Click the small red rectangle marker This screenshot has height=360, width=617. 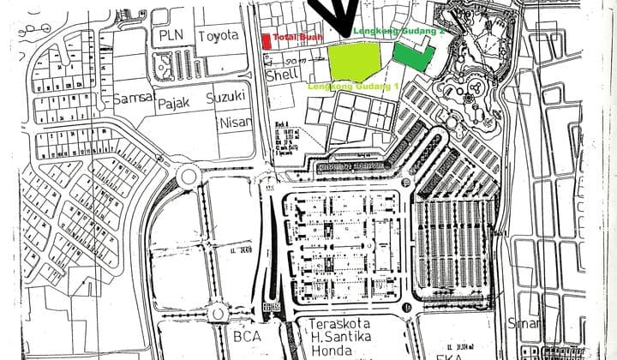coord(267,40)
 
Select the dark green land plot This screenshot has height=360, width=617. coord(413,55)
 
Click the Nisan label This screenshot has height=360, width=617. coord(237,122)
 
